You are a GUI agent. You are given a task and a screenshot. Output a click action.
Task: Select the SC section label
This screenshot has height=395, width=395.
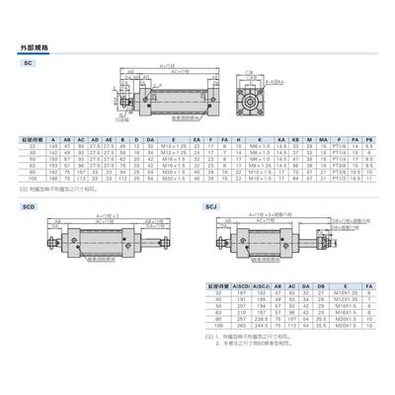(x=28, y=62)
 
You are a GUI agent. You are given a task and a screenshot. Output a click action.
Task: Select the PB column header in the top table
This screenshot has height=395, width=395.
(x=368, y=141)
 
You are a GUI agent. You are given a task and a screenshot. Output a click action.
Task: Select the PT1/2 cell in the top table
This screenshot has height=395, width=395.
(x=338, y=182)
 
